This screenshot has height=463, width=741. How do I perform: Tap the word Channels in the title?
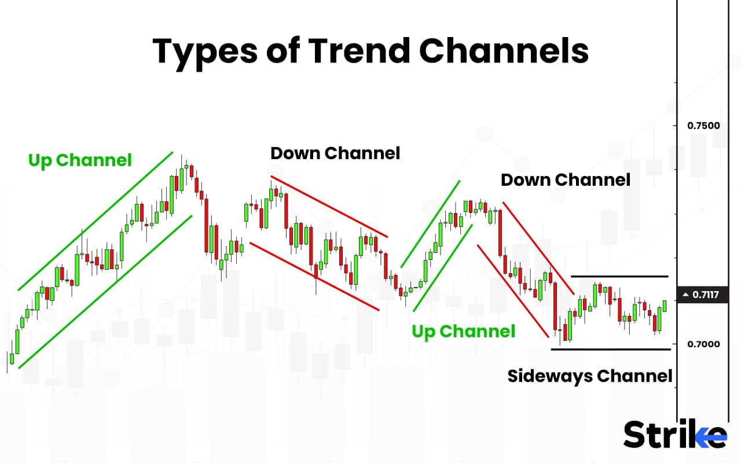click(x=504, y=51)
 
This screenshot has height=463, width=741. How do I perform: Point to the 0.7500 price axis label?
click(x=703, y=126)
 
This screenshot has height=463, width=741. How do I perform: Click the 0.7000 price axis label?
click(x=703, y=344)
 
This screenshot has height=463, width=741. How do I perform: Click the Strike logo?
click(x=674, y=434)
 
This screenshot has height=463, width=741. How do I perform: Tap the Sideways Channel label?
click(x=589, y=376)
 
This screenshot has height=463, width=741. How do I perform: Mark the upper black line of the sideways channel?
click(x=619, y=277)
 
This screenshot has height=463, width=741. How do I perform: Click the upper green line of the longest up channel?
click(x=96, y=221)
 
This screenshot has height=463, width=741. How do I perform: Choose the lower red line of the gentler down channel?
click(x=314, y=277)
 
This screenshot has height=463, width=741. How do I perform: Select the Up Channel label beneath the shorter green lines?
click(x=463, y=332)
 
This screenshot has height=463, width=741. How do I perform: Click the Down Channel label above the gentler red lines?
click(x=335, y=153)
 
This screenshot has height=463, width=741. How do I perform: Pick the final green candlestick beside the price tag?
click(x=665, y=306)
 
